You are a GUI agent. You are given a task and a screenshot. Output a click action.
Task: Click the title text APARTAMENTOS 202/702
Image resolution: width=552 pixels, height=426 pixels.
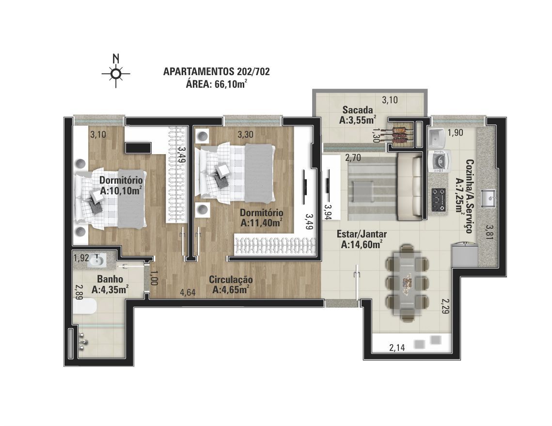[x=217, y=71]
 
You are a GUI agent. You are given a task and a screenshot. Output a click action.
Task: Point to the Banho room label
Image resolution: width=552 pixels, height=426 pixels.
[x=110, y=279]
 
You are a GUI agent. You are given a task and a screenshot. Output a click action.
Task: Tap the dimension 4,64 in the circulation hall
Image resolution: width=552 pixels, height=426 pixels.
[x=188, y=292]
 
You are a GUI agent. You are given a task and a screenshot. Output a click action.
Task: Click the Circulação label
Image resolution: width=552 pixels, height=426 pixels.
[x=231, y=280]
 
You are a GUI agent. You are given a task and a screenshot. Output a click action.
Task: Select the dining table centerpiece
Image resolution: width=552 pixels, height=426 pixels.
[x=408, y=282]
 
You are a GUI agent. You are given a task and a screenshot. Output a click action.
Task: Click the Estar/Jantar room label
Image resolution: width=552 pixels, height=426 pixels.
[x=362, y=234]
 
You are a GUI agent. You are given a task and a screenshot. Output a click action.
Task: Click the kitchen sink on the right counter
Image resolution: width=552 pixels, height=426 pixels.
[x=489, y=198]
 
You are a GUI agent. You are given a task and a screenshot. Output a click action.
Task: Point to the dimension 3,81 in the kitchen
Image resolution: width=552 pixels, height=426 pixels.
[x=489, y=232]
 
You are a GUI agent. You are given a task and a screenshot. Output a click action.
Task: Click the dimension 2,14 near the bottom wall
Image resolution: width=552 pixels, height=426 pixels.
[x=397, y=348]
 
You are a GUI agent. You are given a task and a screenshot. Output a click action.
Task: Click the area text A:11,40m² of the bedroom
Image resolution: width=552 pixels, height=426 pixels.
[x=262, y=223]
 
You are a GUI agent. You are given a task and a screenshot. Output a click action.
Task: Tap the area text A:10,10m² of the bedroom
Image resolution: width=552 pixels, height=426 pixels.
[x=121, y=190]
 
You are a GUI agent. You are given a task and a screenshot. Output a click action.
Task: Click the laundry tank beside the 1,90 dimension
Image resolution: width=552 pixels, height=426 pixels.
[x=437, y=138]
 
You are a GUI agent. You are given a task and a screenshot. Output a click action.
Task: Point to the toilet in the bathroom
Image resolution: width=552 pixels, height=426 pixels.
[x=84, y=306]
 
